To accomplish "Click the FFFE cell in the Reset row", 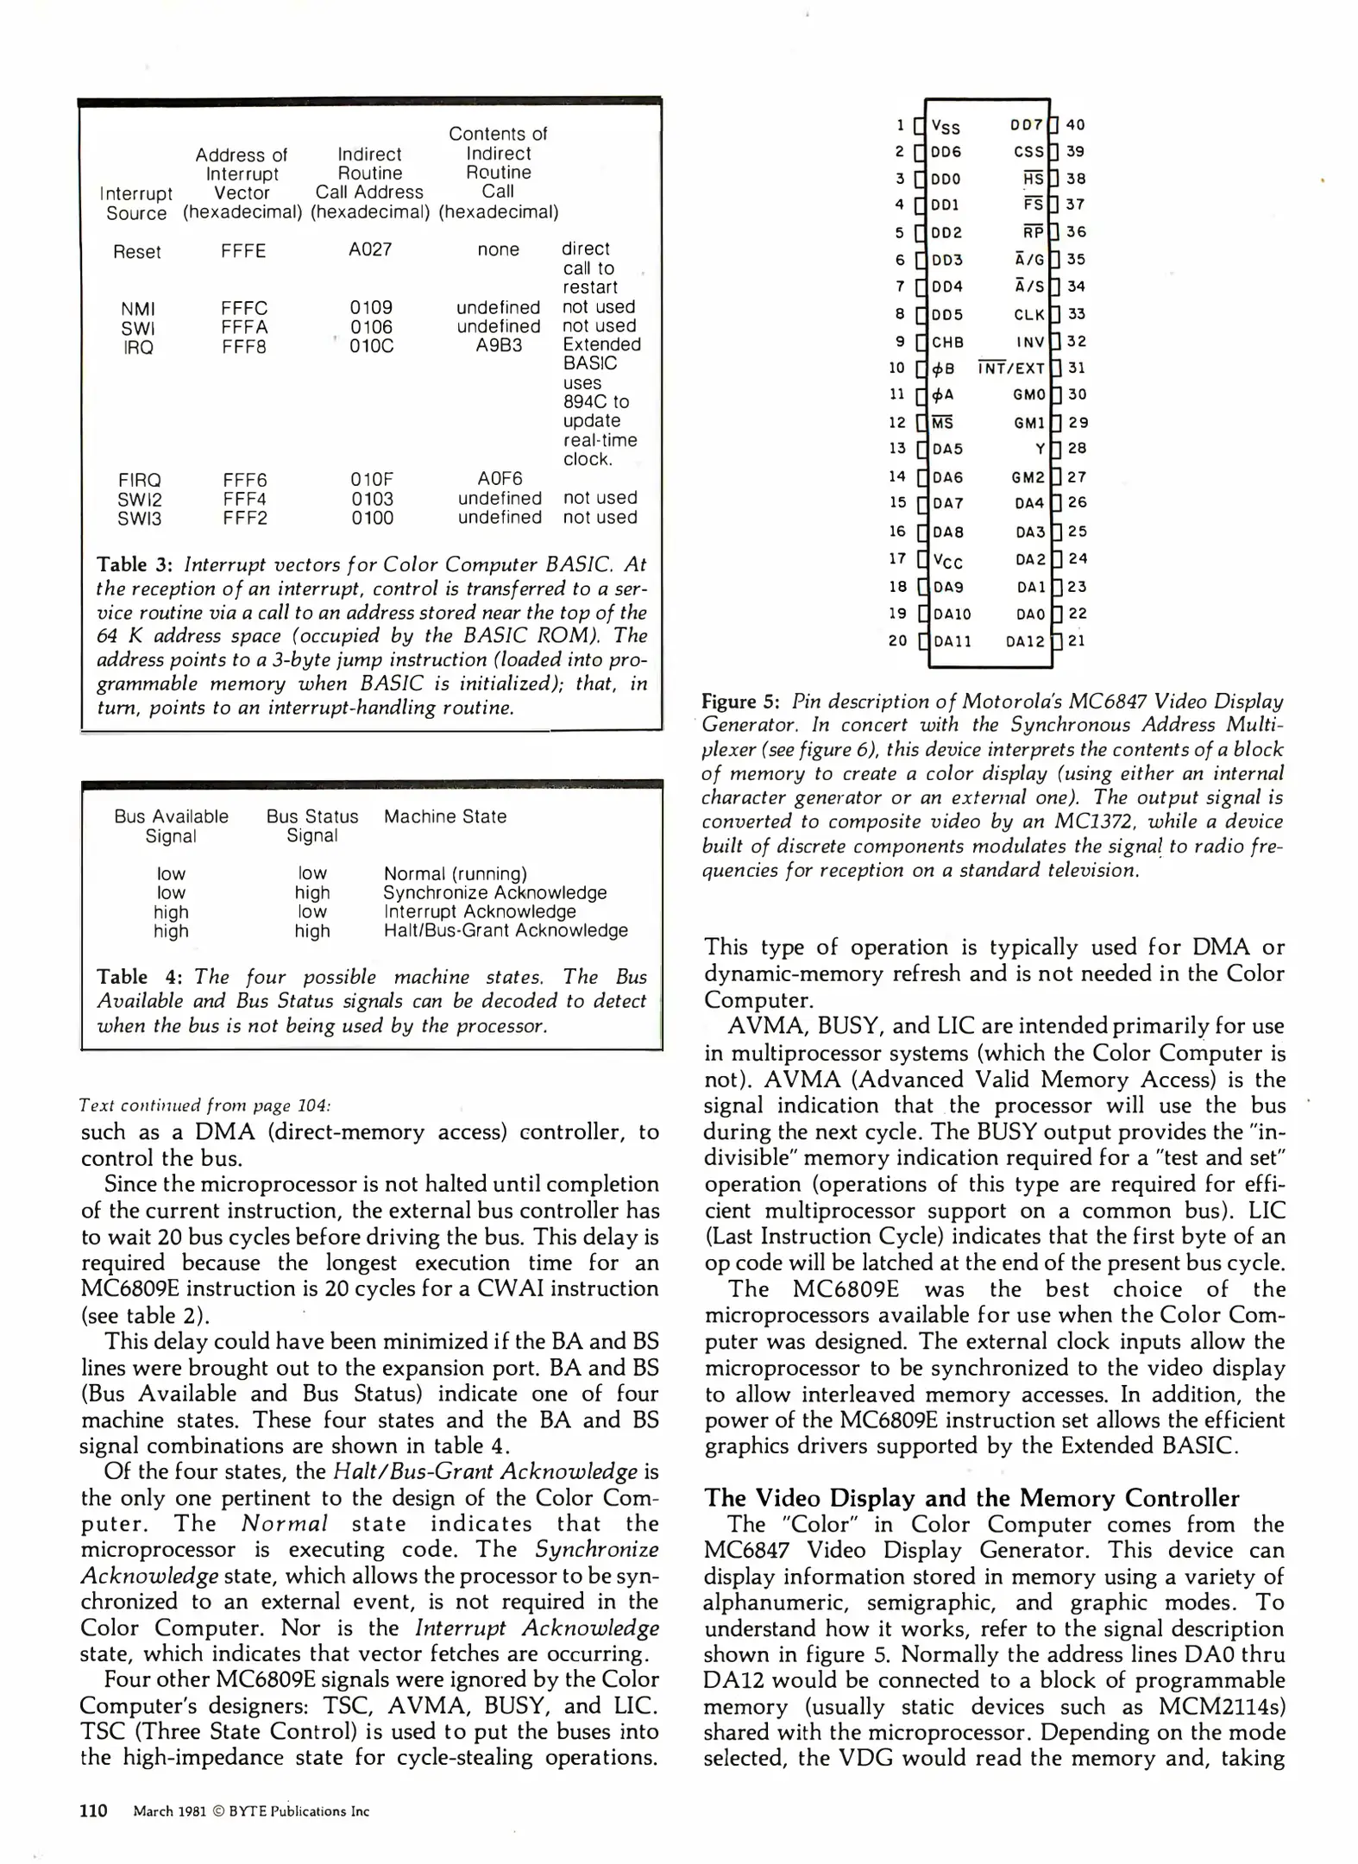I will (x=243, y=251).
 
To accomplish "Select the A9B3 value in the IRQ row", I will (x=499, y=346).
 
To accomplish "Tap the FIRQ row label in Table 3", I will (x=140, y=480).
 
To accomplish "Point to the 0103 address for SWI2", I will (x=372, y=499).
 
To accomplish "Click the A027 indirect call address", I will (x=370, y=249).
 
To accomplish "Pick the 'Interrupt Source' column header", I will (x=136, y=203).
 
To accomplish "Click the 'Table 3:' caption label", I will (x=135, y=564).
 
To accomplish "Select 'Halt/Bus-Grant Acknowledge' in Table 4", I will (x=506, y=930).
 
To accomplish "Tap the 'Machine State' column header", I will (x=445, y=816).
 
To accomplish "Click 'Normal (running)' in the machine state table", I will (x=455, y=873).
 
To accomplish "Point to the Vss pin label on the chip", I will (x=946, y=127).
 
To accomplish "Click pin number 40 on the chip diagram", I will (x=1076, y=124).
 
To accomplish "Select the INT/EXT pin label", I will (x=1012, y=368).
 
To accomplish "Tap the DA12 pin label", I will (x=1025, y=641).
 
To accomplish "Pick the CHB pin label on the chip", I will (x=947, y=342).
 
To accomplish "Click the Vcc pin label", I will (x=947, y=561).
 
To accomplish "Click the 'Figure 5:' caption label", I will (x=741, y=702).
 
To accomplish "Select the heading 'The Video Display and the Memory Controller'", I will (x=971, y=1497).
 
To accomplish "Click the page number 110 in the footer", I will (x=93, y=1810).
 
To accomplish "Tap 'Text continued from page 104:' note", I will (x=204, y=1105).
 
